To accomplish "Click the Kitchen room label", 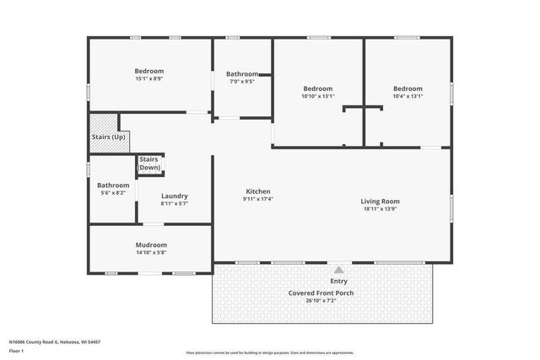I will tap(258, 191).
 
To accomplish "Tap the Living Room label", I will tap(380, 201).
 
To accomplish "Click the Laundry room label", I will tap(174, 196).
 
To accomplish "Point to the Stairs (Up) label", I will tap(109, 137).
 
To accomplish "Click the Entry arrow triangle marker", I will tap(338, 269).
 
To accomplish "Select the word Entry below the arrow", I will tap(338, 281).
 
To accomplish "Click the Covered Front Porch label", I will tap(321, 293).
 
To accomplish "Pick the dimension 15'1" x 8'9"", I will tap(149, 79).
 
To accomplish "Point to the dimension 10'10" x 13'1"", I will tap(318, 96).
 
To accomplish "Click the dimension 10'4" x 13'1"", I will tap(407, 96).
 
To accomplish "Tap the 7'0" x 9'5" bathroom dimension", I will tap(242, 82).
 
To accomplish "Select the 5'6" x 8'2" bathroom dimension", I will tap(113, 193).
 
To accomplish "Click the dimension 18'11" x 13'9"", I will tap(380, 209).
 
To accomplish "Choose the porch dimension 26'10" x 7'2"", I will tap(321, 300).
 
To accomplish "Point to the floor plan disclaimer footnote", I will tap(270, 353).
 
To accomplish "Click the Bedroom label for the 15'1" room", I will tap(149, 71).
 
